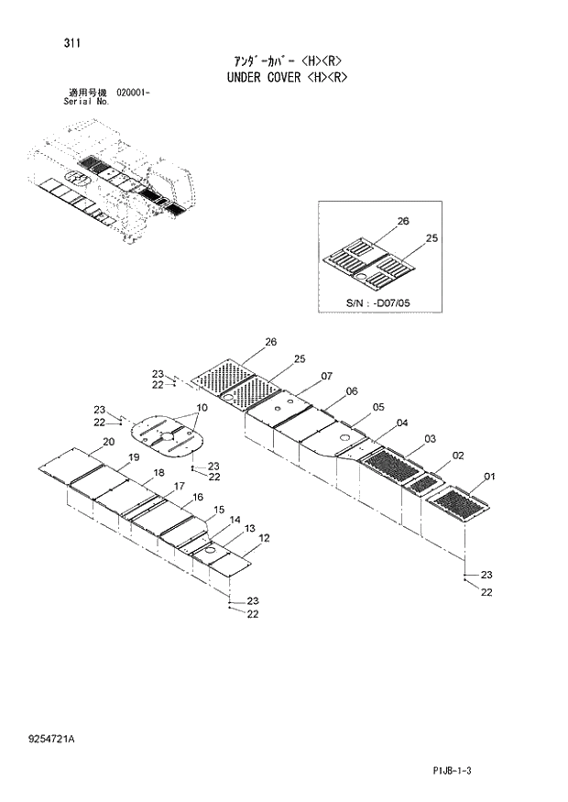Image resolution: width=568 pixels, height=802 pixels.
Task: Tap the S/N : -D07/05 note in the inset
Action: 377,302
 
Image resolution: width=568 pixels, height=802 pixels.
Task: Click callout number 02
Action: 457,456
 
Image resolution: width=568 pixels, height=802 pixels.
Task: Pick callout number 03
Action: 430,439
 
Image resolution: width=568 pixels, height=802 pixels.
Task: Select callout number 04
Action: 402,423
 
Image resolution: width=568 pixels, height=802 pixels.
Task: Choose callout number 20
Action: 108,442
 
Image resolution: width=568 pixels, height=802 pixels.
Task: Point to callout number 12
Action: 264,537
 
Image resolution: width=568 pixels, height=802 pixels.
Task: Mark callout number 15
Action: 219,510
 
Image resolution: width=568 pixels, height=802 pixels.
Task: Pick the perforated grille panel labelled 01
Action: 455,504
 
